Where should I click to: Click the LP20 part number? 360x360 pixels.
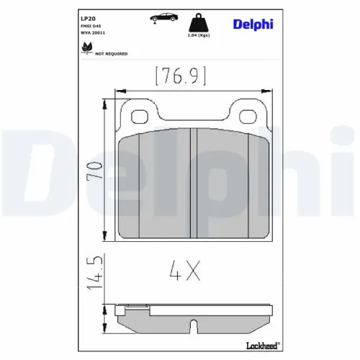(88, 19)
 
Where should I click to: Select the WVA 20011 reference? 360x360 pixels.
(93, 33)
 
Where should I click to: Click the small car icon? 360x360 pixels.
(164, 18)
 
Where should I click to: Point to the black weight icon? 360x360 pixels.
(198, 22)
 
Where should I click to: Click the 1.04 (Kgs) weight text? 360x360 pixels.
(199, 35)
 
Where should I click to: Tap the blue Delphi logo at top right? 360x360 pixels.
(253, 24)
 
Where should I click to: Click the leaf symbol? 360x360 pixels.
(86, 48)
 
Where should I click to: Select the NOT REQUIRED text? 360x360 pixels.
(112, 54)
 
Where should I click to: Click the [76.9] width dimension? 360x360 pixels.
(181, 76)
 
